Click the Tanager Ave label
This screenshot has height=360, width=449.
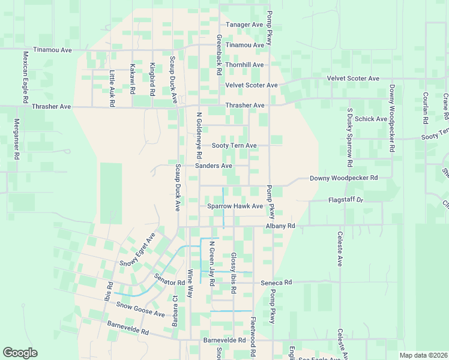[x=244, y=25]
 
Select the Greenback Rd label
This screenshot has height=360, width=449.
[x=220, y=54]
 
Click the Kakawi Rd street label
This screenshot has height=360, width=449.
[x=132, y=79]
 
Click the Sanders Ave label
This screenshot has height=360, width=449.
[x=214, y=166]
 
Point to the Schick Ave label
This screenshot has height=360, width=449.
[x=370, y=119]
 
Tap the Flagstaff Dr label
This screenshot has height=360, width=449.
[x=346, y=200]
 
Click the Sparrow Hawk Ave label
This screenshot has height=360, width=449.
[x=235, y=206]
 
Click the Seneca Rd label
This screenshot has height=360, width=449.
[x=276, y=282]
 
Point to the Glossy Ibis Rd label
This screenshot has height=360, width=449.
[x=234, y=273]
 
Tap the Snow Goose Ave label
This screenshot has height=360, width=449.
[x=140, y=309]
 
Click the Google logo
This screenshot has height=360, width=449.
[x=20, y=353]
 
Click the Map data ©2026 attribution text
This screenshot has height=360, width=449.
[x=423, y=355]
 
